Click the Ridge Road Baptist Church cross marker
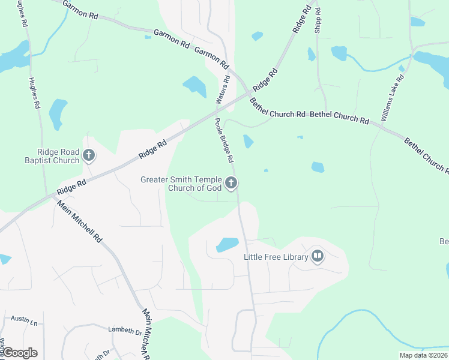click(89, 156)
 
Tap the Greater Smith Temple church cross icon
click(232, 184)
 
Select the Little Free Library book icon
click(317, 257)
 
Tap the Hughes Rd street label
click(34, 93)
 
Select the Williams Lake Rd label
click(393, 98)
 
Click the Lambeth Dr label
click(124, 331)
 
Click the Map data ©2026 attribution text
click(423, 355)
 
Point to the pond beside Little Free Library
click(227, 244)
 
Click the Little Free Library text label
click(276, 257)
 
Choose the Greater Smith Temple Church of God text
click(181, 184)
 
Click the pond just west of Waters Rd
click(194, 86)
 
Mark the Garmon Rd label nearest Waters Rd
click(212, 57)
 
